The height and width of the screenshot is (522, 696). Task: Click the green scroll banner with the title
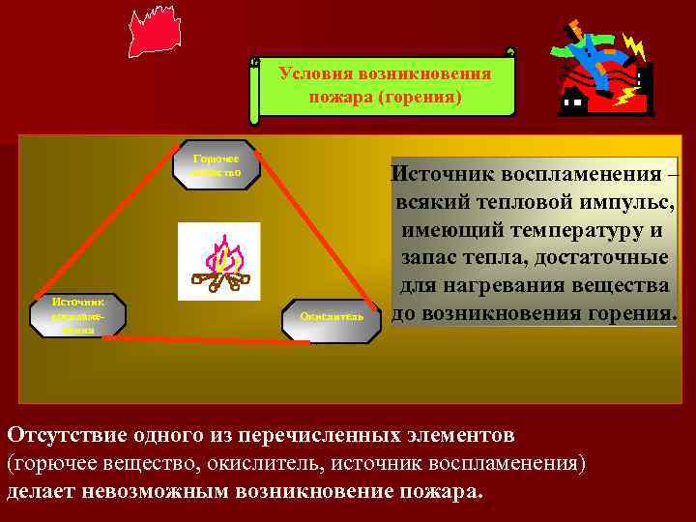point(385,85)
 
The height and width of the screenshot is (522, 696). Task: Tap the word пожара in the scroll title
point(341,98)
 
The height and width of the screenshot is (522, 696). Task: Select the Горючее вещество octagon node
point(217,164)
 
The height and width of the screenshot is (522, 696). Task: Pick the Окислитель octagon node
point(332,316)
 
